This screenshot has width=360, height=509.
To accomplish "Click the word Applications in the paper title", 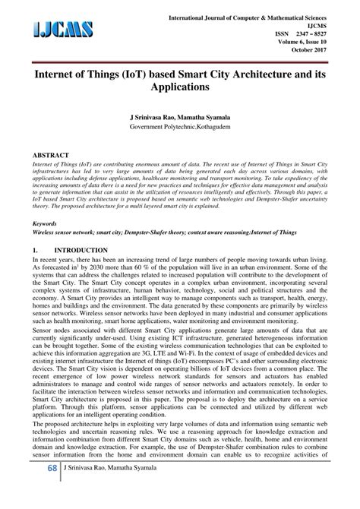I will coord(180,89).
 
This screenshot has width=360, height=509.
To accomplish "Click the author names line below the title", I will coord(180,119).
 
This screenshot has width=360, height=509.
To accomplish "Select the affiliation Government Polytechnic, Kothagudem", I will coord(180,128).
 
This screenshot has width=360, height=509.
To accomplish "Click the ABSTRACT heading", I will coord(52,154).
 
